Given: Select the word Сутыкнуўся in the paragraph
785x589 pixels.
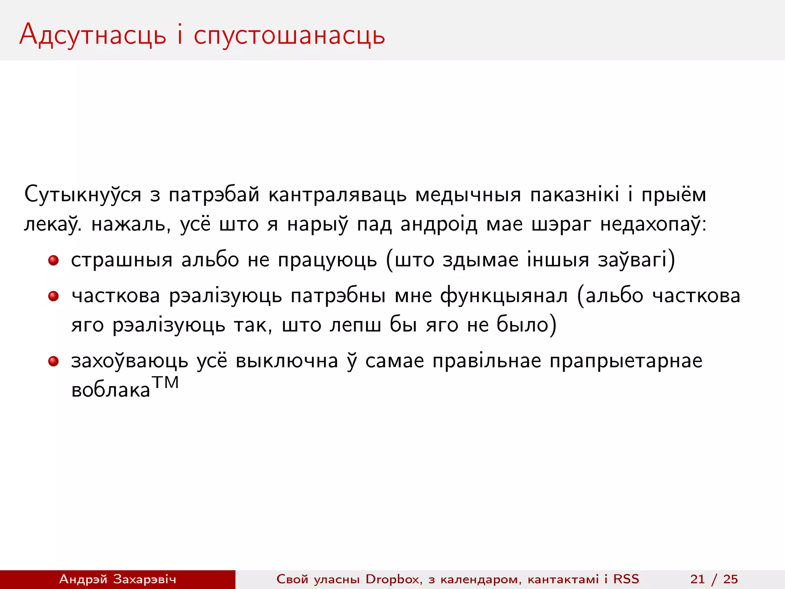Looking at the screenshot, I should [83, 194].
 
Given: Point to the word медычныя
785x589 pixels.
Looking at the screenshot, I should [468, 194].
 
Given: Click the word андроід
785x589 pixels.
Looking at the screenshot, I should [439, 224].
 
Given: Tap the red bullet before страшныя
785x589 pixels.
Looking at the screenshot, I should [53, 261].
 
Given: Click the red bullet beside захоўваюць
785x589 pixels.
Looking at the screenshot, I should [53, 361].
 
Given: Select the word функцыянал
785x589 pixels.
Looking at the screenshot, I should [504, 296].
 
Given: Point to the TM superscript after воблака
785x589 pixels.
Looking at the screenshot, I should [165, 383].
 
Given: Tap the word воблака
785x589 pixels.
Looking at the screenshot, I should [110, 390].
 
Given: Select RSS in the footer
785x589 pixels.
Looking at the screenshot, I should [626, 579].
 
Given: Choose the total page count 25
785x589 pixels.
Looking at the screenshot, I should [731, 579].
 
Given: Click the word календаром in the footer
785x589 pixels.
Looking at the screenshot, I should [481, 579].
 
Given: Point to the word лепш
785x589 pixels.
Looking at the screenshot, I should [355, 326].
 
